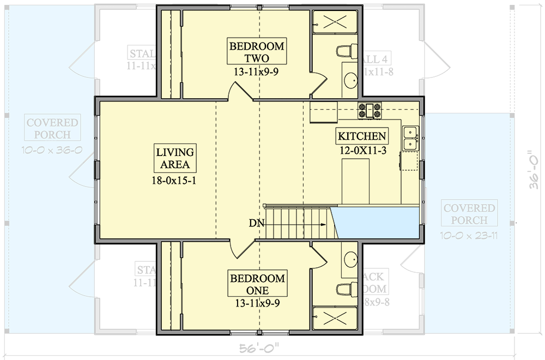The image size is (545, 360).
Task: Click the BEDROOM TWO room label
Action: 257,52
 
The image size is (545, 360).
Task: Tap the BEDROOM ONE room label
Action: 257,285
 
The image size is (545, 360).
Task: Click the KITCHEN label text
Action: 362,136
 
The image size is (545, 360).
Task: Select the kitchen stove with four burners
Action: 369,110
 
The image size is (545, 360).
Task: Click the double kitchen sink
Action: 410,137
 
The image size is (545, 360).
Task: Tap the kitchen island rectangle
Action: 355,180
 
